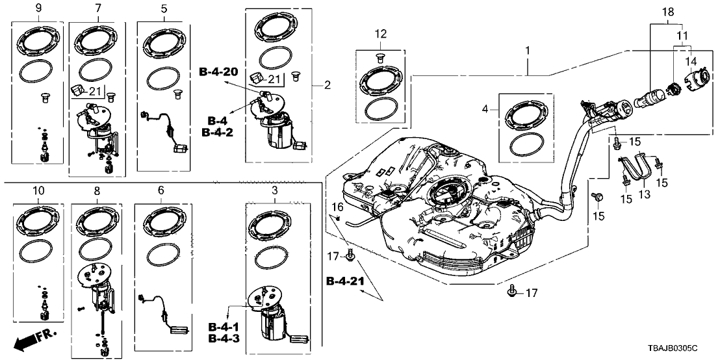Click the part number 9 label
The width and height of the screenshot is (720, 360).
coord(39,8)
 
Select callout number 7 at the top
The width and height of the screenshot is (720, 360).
coord(98,8)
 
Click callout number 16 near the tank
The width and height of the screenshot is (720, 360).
coord(337,207)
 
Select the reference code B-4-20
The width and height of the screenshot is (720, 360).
coord(218,71)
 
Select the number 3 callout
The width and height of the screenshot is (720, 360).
coord(275,190)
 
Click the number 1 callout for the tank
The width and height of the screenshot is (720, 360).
coord(528,49)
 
